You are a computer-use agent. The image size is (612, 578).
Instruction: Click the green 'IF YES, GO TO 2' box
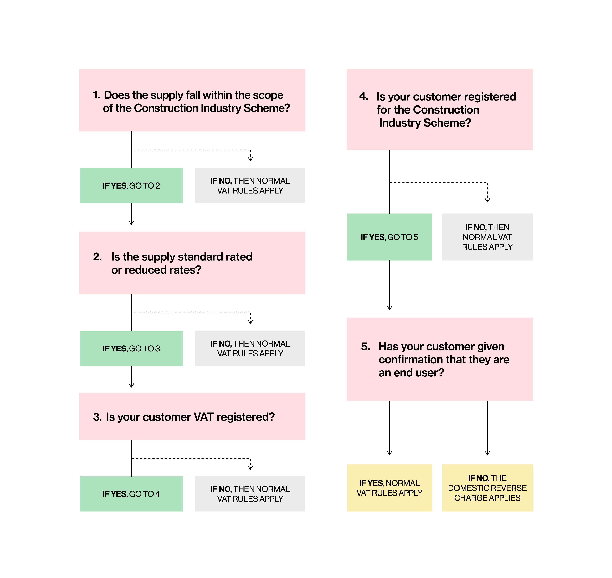(x=131, y=186)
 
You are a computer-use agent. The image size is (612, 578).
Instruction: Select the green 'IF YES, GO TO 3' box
(x=131, y=348)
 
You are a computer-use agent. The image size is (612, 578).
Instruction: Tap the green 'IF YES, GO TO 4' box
(x=131, y=494)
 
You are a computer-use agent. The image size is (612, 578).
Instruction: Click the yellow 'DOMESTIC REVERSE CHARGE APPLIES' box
(x=487, y=488)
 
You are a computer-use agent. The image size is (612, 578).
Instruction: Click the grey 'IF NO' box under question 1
(x=250, y=186)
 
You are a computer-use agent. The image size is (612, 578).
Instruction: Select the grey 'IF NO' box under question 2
(x=250, y=348)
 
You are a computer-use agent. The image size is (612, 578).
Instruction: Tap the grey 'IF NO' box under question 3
(x=250, y=494)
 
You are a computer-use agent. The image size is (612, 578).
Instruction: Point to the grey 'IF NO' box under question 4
(x=487, y=237)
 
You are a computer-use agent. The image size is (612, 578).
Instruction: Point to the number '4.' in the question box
(x=364, y=96)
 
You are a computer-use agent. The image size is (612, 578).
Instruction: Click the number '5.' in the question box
(x=365, y=347)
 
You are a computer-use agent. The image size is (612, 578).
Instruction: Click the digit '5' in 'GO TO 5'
(x=416, y=237)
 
